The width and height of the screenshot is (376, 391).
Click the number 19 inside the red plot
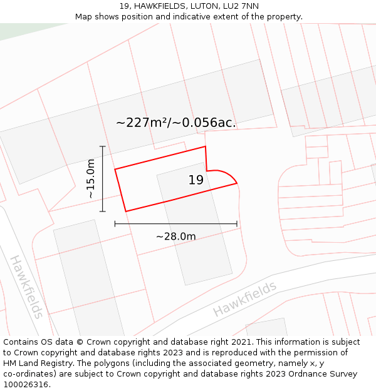[x=196, y=180]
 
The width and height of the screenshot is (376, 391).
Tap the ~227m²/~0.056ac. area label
[x=175, y=123]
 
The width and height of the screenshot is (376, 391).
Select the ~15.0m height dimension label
[x=91, y=179]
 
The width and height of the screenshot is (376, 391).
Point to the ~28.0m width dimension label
[x=175, y=236]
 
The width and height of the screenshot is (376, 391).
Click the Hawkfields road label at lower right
[x=244, y=299]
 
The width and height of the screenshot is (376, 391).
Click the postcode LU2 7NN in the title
[x=241, y=6]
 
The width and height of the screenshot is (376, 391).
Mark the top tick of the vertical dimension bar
[x=103, y=146]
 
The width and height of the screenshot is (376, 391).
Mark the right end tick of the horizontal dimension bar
[x=237, y=223]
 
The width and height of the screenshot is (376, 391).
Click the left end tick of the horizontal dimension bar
[x=115, y=223]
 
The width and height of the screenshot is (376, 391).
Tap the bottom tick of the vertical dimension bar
[x=103, y=211]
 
